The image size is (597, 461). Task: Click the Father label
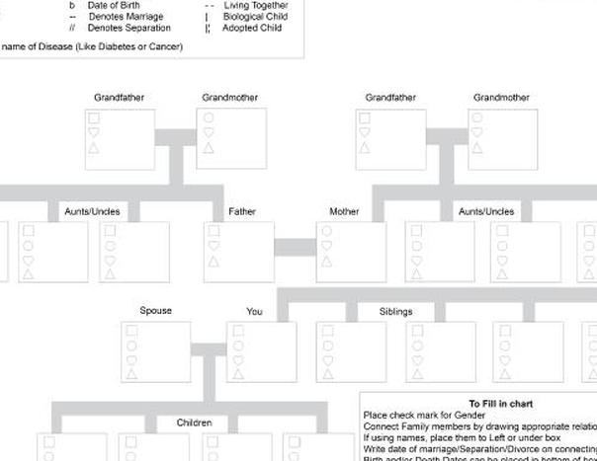click(x=242, y=211)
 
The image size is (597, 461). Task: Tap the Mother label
click(x=345, y=211)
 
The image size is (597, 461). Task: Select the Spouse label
click(x=155, y=311)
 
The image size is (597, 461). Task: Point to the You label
click(x=255, y=312)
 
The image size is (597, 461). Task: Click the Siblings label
click(x=395, y=312)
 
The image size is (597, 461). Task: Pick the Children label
click(x=194, y=423)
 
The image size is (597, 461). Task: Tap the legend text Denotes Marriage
click(x=127, y=17)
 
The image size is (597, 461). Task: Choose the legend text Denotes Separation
click(x=129, y=29)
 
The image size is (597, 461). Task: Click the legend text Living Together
click(x=256, y=5)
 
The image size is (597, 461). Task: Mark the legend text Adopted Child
click(x=252, y=29)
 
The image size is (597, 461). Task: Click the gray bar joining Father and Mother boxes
click(x=295, y=247)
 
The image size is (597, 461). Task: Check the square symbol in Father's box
click(x=213, y=231)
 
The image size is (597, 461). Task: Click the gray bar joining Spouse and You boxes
click(x=209, y=347)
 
